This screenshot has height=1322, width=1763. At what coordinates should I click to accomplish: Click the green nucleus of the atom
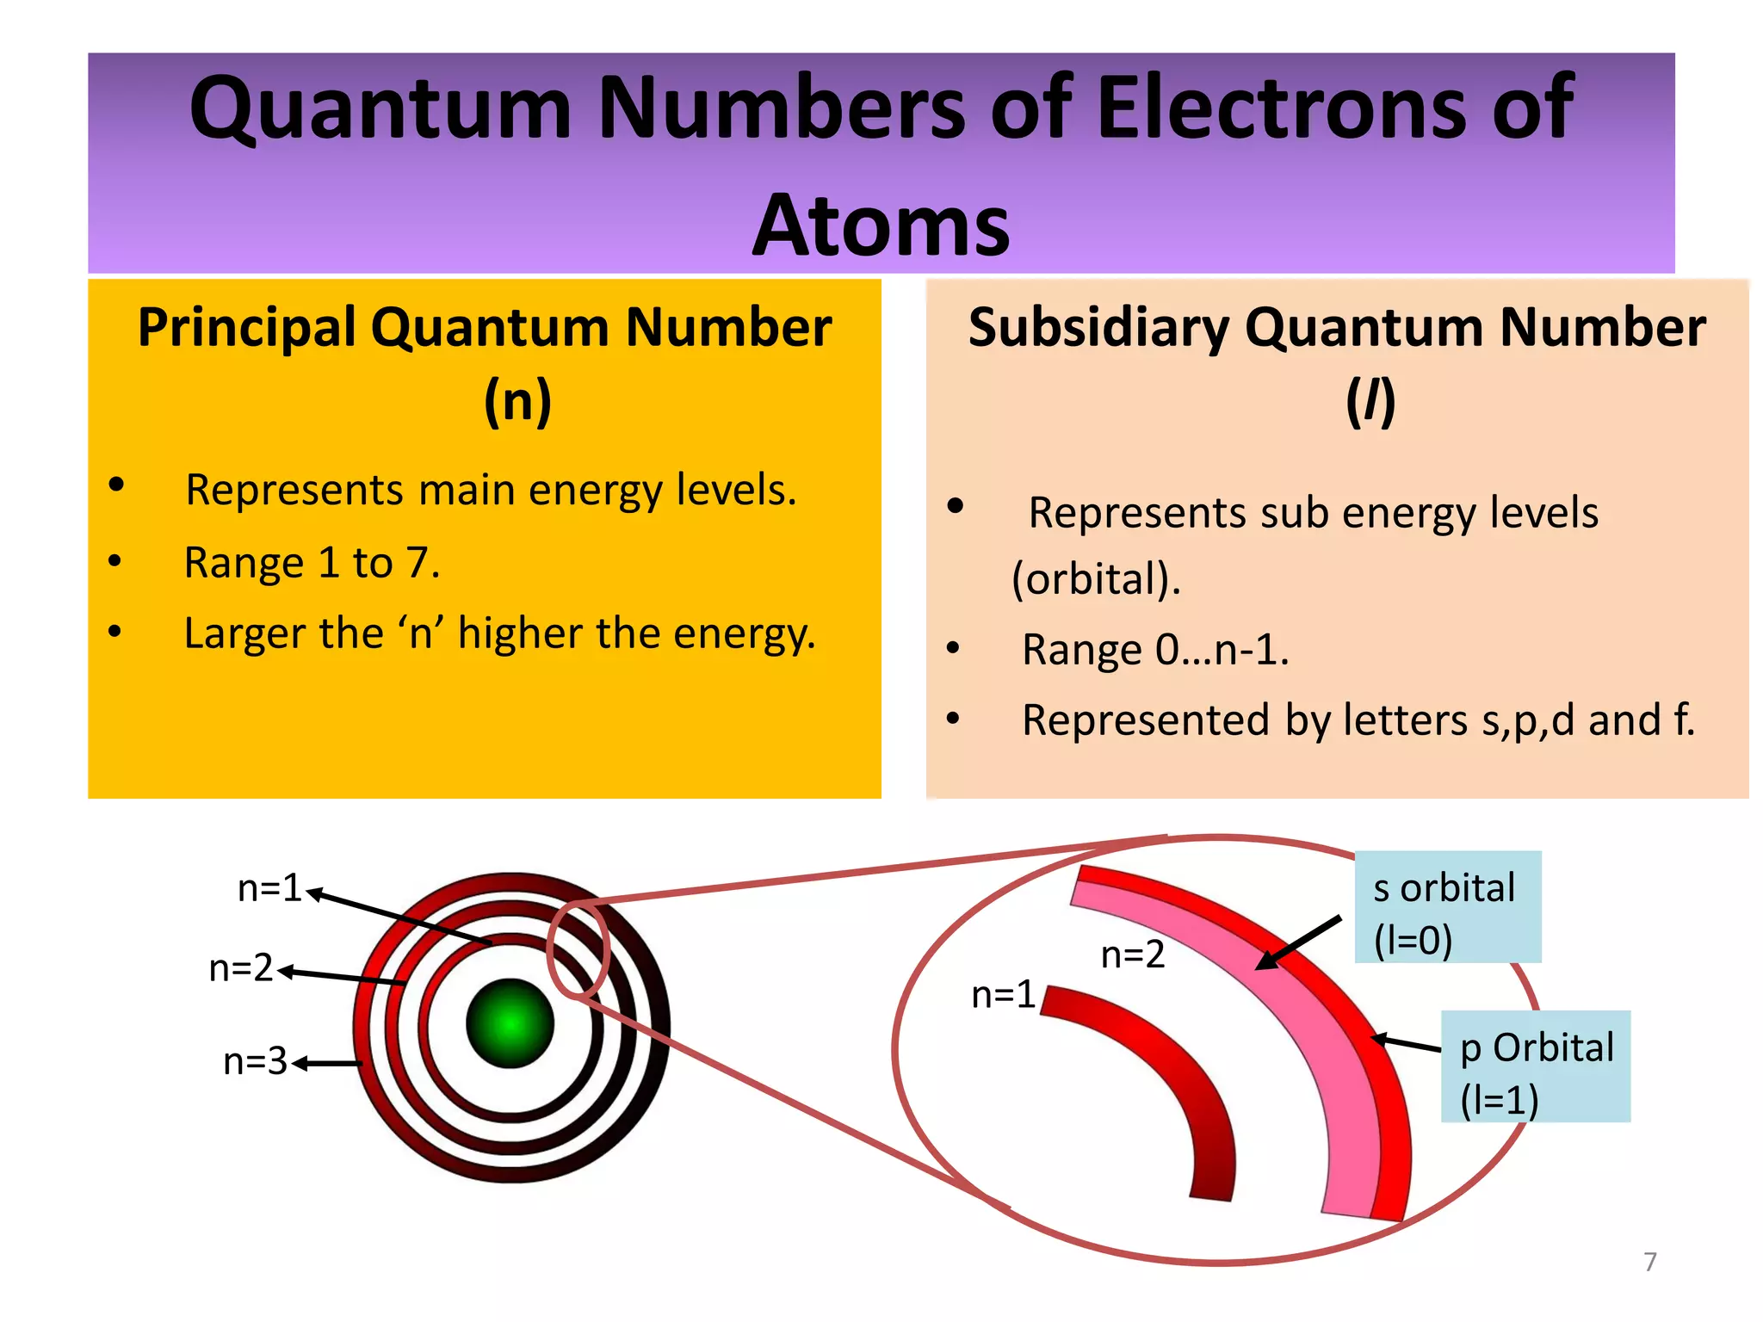coord(510,1023)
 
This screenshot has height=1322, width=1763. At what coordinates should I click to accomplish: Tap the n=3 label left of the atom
coord(255,1061)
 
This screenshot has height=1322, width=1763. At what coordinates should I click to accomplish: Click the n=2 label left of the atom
coord(241,968)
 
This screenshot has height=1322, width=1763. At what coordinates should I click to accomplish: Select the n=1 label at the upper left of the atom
coord(269,887)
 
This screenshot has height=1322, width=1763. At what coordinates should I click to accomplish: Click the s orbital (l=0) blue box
coord(1447,907)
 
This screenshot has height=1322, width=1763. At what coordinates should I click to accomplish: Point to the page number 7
coord(1649,1262)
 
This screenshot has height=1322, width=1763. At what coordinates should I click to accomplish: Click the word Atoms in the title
coord(881,225)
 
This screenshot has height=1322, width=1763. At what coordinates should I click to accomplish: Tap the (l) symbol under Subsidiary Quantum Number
coord(1370,401)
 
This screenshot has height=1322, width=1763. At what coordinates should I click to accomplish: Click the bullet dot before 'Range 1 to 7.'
coord(115,562)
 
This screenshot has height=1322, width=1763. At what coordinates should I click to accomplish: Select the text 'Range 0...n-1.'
coord(1155,649)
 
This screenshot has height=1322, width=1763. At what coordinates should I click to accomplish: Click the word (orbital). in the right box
coord(1096,578)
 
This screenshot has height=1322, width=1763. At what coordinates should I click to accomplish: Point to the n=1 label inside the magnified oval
coord(1003,995)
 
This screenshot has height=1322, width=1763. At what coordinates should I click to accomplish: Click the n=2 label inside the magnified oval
coord(1133,954)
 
